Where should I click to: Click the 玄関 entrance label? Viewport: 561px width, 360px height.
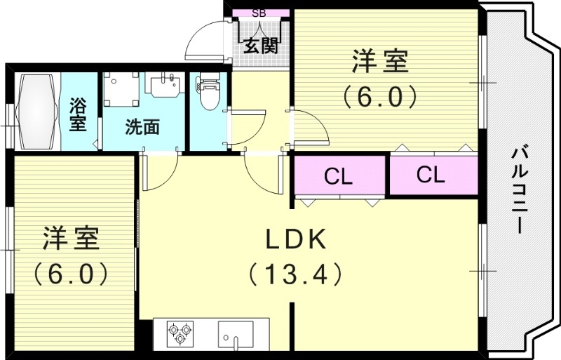point(262,46)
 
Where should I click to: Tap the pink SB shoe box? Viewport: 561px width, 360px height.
point(259,13)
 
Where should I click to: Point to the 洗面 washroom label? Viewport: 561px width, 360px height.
point(142,127)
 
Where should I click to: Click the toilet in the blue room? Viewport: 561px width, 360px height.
point(208,95)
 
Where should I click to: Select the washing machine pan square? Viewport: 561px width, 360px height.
point(121,89)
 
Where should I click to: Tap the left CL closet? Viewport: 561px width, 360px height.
point(338,176)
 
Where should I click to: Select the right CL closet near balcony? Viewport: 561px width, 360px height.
point(430,175)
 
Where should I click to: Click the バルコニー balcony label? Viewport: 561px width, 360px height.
point(519,189)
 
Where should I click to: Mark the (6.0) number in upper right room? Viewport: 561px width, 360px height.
point(379,95)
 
